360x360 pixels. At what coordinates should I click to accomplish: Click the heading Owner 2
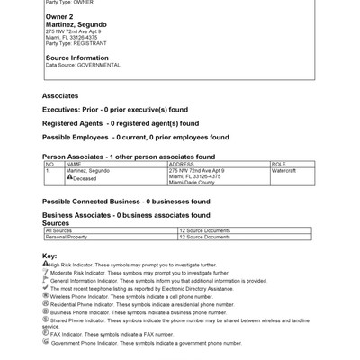click(60, 17)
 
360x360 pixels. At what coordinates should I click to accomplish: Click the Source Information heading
click(76, 58)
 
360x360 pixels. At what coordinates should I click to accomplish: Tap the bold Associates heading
click(60, 95)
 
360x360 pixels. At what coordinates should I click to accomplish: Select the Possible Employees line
click(120, 137)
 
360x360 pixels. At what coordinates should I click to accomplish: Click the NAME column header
click(74, 165)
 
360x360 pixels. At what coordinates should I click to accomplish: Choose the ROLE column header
click(278, 165)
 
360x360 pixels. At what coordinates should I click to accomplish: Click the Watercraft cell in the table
click(283, 170)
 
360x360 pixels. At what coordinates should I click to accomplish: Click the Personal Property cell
click(68, 237)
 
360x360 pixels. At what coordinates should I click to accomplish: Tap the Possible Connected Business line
click(117, 202)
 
